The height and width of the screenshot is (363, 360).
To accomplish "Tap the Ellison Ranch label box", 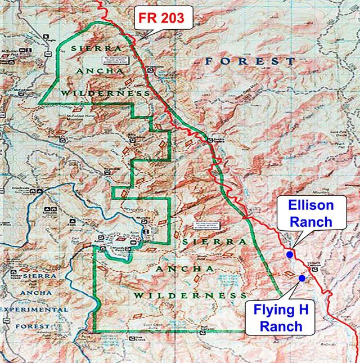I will [x=311, y=213].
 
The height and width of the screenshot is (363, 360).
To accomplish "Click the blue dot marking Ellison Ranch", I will [x=290, y=254].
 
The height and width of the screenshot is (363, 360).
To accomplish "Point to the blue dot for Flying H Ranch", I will [x=302, y=278].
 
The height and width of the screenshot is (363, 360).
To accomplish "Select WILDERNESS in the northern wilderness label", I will [x=105, y=93].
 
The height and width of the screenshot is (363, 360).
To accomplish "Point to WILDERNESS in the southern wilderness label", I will [x=191, y=295].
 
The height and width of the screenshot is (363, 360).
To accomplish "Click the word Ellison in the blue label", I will [x=311, y=205].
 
